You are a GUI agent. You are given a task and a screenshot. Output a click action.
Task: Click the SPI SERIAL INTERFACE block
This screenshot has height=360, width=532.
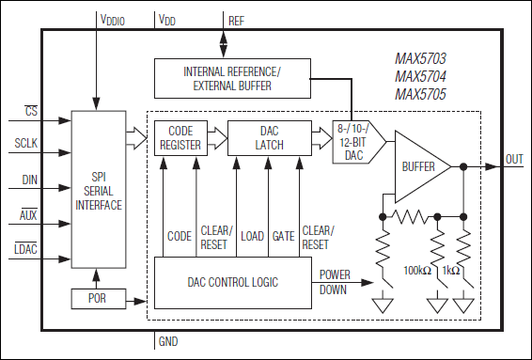tap(99, 189)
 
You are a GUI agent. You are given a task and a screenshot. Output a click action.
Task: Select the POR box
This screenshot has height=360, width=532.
tap(99, 299)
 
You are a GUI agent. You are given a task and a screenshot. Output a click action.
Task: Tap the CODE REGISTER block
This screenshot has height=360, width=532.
tap(180, 138)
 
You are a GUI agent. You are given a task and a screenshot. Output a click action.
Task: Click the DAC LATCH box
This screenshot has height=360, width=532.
tap(270, 138)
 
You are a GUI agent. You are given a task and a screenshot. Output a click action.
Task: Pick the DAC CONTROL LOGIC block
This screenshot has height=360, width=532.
tap(233, 283)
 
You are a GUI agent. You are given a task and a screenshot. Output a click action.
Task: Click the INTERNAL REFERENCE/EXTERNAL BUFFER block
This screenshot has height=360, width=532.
tap(232, 78)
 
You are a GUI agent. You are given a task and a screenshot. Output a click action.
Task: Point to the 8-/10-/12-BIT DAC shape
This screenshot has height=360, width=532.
tap(359, 142)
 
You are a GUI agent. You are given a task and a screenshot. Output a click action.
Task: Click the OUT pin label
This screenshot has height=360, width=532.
tap(514, 160)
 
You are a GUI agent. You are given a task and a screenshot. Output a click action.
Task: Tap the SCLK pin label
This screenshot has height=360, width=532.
tap(25, 143)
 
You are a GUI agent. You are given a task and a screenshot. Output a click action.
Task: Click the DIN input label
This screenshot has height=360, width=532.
tap(29, 180)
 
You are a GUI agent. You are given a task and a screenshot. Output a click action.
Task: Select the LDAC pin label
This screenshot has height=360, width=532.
tap(25, 249)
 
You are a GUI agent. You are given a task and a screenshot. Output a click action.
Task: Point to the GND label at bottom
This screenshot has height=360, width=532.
tap(168, 341)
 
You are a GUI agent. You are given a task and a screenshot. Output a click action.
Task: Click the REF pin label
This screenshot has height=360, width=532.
tap(236, 21)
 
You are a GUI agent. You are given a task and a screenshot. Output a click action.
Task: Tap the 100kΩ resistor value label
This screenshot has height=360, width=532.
tap(417, 271)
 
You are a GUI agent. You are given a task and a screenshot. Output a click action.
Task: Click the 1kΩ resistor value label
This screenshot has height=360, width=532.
tap(451, 271)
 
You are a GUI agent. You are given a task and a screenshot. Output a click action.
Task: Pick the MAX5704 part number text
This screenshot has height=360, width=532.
tap(420, 76)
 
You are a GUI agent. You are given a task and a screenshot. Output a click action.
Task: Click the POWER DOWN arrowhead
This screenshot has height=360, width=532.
tap(368, 282)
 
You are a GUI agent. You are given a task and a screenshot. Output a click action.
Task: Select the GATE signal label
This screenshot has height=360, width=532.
tap(283, 236)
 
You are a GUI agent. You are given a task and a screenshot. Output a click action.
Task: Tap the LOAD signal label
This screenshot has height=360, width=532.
tap(252, 236)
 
